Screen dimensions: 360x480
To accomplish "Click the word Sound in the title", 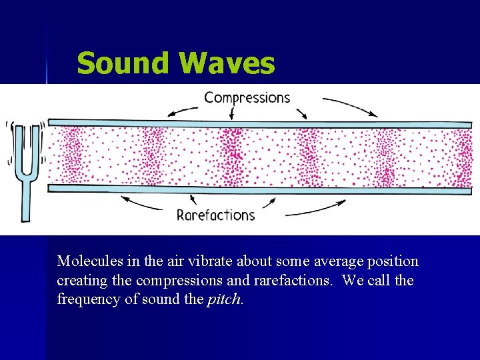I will tap(123, 64).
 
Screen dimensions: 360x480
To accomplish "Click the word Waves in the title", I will tap(227, 64).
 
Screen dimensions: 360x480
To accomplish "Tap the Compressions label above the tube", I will tap(247, 98).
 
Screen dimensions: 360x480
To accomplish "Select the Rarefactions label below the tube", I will tap(215, 215).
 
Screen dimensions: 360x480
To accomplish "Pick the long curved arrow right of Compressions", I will tap(350, 107).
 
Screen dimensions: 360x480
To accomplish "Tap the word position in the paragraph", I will tap(393, 261).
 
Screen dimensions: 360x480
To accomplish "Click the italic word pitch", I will tap(224, 299).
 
